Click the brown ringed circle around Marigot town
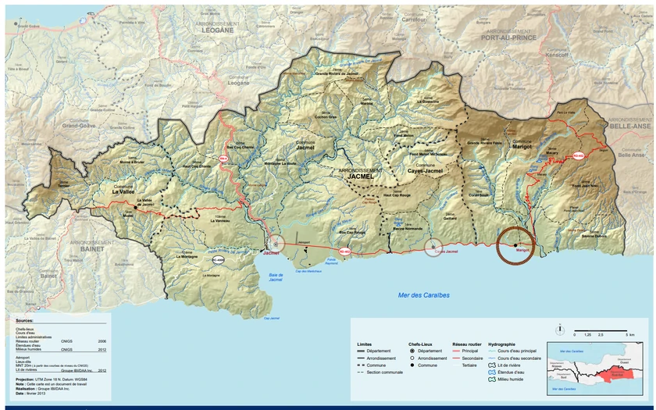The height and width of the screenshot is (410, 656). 515,245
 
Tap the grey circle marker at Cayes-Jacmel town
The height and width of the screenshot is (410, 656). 433,249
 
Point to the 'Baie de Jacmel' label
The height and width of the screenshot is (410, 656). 269,276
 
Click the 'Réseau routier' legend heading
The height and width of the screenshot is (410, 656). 466,344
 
